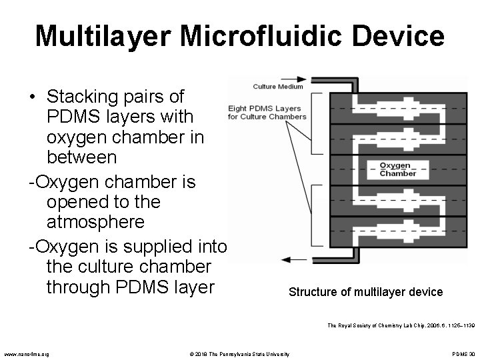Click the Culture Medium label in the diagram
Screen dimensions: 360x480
pos(278,86)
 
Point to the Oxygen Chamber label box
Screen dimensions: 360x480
pos(398,169)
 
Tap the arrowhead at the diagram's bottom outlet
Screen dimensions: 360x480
pos(287,259)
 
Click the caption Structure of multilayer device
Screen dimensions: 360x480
pos(365,292)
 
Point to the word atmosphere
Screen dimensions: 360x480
pos(95,221)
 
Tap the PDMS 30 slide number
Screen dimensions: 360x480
pos(463,353)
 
